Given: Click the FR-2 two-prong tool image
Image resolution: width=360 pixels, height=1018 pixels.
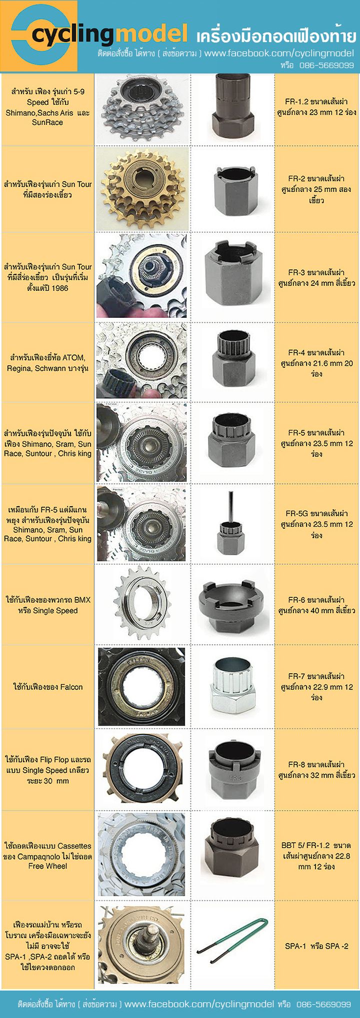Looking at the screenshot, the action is pos(234,189).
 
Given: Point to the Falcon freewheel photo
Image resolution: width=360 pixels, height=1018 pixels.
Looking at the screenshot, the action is pos(141,687).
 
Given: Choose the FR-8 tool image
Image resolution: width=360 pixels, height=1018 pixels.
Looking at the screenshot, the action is pos(234,770).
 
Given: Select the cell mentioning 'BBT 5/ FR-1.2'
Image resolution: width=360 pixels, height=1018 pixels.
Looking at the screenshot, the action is pos(316,856).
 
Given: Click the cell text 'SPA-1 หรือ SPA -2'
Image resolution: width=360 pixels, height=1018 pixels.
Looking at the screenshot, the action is pos(316,946).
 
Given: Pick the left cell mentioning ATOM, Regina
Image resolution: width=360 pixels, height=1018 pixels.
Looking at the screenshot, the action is pos(47,363).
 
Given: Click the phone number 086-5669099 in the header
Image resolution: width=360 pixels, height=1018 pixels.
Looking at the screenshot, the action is pos(327,65).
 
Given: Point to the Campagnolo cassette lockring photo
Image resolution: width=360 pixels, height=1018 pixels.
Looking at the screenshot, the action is pos(141,855).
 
